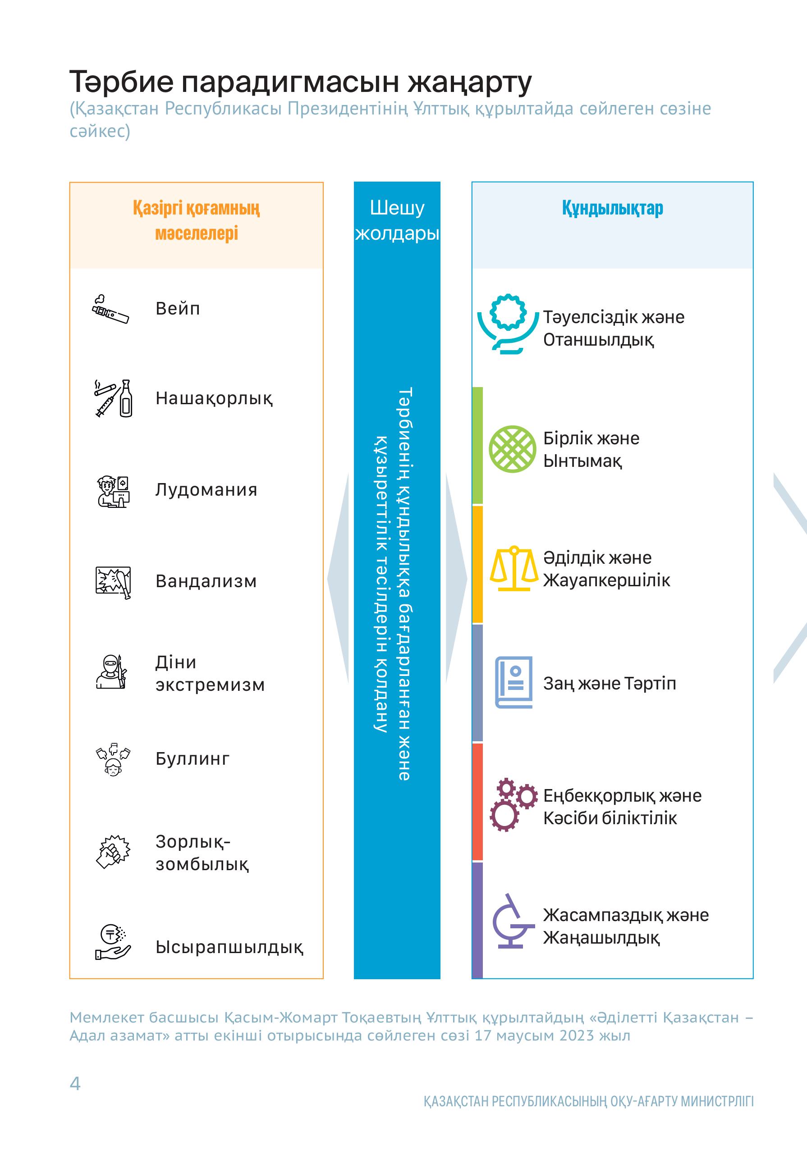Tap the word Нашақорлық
pos(214,399)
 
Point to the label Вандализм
pos(206,581)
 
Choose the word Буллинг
pos(193,759)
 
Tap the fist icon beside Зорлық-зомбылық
pos(113,852)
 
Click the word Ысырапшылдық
pos(229,947)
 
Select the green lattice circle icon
pos(512,449)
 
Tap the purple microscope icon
pos(511,922)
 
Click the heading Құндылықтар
pos(612,208)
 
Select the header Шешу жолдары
pos(397,220)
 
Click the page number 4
pos(75,1084)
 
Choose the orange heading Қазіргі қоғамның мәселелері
pos(197,220)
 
